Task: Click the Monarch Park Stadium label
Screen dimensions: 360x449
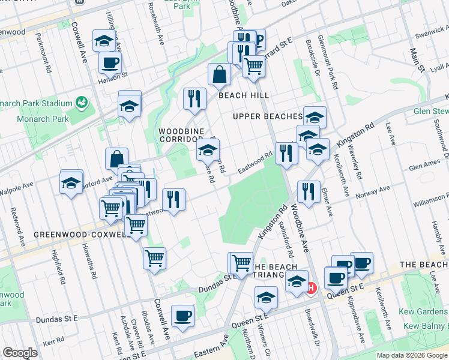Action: point(36,103)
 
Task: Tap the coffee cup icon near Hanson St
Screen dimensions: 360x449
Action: point(109,62)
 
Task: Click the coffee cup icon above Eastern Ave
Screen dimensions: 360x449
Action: point(182,316)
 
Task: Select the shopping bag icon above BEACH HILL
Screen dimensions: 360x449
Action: point(219,74)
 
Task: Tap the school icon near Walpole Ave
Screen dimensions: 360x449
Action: point(71,182)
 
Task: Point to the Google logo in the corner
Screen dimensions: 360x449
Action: point(20,353)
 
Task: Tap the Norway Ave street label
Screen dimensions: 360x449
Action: point(375,191)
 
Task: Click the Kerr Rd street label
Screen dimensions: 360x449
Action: point(53,340)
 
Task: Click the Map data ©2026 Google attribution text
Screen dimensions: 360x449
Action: point(412,355)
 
